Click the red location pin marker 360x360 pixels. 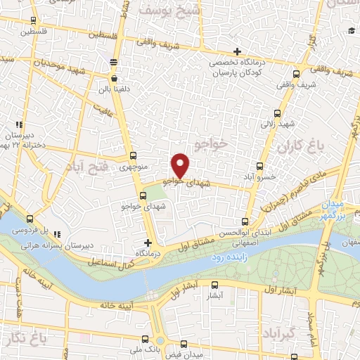pos(181,166)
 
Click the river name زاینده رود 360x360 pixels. pos(229,259)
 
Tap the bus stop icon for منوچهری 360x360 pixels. pos(134,157)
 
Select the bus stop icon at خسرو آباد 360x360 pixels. pos(260,167)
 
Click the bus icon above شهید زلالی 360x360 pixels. pos(276,112)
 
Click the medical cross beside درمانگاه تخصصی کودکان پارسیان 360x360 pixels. pos(238,51)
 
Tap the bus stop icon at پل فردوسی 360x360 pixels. pos(30,219)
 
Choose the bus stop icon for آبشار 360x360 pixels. pos(215,285)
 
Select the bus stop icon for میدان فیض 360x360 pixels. pos(184,344)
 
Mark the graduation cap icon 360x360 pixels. pos(350,30)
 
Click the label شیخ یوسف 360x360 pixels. pos(170,11)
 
